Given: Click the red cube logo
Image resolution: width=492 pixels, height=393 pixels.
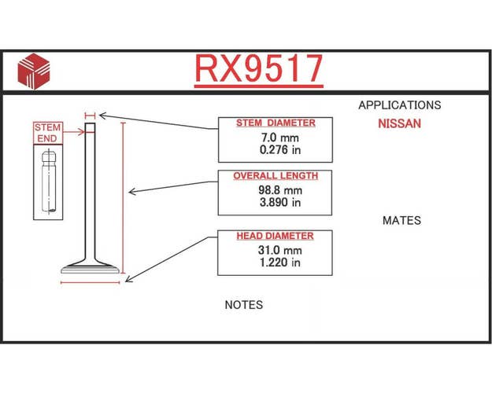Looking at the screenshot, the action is pyautogui.click(x=34, y=72).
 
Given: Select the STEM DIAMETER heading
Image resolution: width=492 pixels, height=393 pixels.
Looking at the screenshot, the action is pyautogui.click(x=276, y=123).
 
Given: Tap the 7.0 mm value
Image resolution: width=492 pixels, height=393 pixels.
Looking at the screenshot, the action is pyautogui.click(x=280, y=138).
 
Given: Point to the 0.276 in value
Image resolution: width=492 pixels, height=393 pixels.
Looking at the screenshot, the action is pyautogui.click(x=280, y=150).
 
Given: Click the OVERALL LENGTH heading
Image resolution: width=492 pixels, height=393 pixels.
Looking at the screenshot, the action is pyautogui.click(x=276, y=176).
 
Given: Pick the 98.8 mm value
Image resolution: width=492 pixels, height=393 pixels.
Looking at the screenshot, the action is pyautogui.click(x=280, y=190).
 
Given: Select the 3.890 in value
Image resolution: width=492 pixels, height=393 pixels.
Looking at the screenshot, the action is pyautogui.click(x=280, y=203).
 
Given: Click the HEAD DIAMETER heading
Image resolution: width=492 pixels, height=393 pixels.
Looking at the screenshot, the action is pyautogui.click(x=276, y=236).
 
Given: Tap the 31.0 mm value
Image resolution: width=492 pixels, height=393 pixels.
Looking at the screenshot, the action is pyautogui.click(x=280, y=250).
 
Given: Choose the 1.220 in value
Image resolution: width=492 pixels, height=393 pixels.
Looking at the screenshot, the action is pyautogui.click(x=280, y=263).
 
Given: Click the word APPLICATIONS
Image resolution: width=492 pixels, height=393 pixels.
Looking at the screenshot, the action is pyautogui.click(x=400, y=105).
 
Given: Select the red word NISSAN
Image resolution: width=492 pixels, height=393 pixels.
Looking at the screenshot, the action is pyautogui.click(x=399, y=123).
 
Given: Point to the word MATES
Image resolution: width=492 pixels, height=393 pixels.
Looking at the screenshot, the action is pyautogui.click(x=401, y=221).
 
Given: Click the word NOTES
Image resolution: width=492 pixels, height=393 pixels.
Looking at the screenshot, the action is pyautogui.click(x=244, y=305).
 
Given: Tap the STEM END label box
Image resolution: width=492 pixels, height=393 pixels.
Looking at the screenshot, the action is pyautogui.click(x=48, y=133).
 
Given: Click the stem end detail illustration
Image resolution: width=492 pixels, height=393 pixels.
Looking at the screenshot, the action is pyautogui.click(x=49, y=182).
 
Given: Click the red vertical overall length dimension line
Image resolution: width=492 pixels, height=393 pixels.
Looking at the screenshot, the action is pyautogui.click(x=123, y=198).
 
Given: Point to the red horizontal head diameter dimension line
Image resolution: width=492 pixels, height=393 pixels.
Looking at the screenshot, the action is pyautogui.click(x=91, y=283).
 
